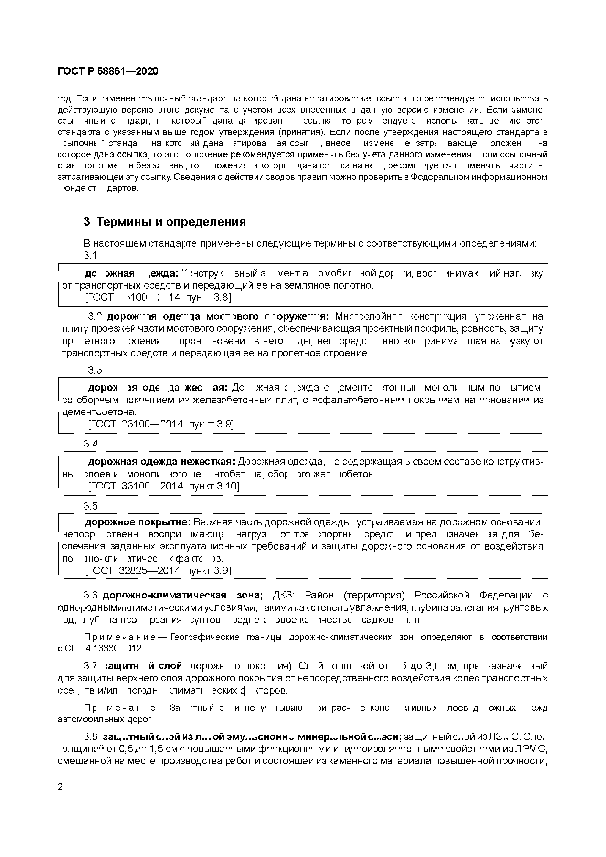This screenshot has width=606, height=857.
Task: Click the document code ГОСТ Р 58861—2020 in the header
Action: pos(108,71)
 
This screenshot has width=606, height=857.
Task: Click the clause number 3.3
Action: pos(95,370)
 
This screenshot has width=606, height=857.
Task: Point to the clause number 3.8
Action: pos(90,737)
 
